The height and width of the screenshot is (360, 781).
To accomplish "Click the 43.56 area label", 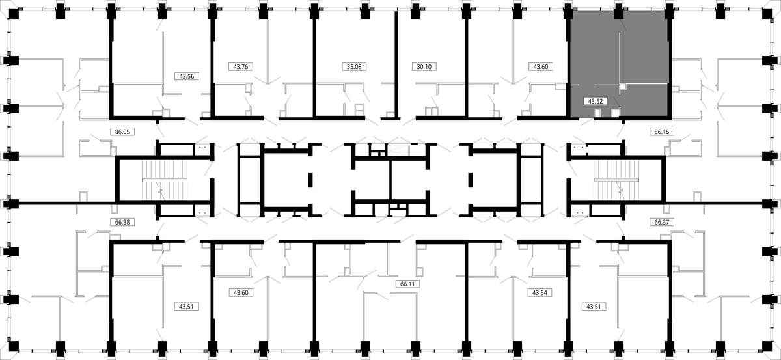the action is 187,76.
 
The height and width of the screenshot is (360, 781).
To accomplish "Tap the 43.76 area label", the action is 241,66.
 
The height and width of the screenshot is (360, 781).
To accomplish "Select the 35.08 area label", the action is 354,66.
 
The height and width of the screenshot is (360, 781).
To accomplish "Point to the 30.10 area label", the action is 424,66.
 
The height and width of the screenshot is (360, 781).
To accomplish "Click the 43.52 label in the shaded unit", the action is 595,101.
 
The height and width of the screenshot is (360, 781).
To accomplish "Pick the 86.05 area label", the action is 122,132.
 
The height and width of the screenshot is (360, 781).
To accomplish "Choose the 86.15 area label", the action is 662,132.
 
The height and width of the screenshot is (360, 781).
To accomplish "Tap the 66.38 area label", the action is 122,222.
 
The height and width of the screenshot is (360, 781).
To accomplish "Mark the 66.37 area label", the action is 662,222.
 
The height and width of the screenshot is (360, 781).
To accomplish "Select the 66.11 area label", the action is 407,284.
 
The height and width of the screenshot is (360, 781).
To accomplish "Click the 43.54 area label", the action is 540,293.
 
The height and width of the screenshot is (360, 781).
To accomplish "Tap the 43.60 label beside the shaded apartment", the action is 540,66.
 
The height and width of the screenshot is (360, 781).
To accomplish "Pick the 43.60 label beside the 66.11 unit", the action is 241,293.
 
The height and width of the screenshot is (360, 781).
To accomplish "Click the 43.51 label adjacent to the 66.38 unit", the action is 186,307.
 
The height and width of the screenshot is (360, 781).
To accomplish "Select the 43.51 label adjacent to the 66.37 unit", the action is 594,307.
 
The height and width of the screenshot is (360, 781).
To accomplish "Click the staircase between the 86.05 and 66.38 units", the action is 165,180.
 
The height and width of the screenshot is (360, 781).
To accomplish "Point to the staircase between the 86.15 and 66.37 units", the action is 616,180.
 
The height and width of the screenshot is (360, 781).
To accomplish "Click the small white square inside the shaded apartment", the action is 623,86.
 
